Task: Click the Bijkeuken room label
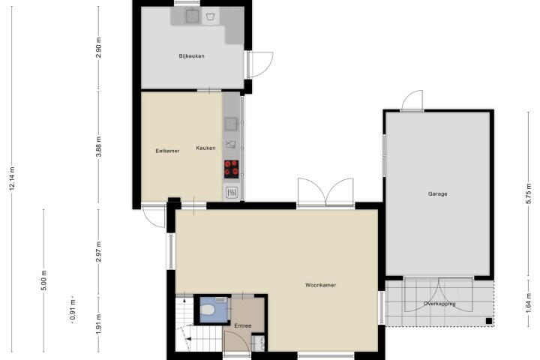coord(191,55)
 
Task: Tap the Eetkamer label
coord(167,151)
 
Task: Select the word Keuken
coord(205,148)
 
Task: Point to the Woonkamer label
coord(321,285)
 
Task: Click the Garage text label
coord(438,194)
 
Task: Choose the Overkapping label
coord(439,304)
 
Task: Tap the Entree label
coord(243,325)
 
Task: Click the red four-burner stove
coord(232,169)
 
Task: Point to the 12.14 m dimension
coord(13,178)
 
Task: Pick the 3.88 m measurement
coord(99,146)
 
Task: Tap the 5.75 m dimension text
coord(529,193)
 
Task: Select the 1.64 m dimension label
coord(529,303)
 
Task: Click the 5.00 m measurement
coord(44,280)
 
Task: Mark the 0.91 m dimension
coord(73,310)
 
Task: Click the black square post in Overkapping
coord(489,321)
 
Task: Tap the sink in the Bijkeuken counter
coord(193,16)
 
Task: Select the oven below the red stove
coord(232,192)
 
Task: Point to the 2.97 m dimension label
coord(99,251)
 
